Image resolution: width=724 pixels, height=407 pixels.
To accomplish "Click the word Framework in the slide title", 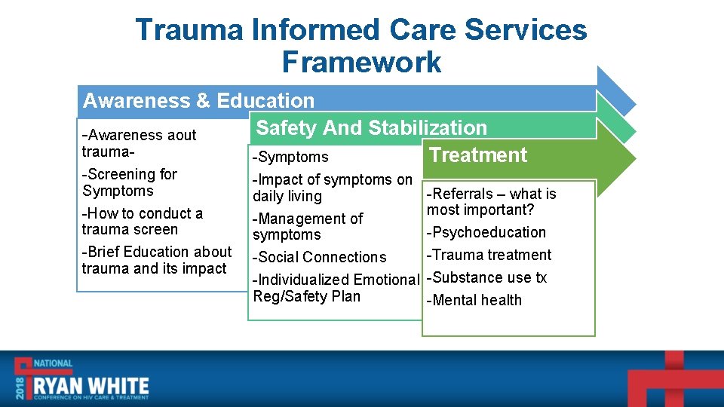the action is pyautogui.click(x=361, y=61).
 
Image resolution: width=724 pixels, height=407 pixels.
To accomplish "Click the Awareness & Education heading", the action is pyautogui.click(x=198, y=101).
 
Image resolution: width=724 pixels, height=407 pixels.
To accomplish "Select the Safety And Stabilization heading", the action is pyautogui.click(x=371, y=128).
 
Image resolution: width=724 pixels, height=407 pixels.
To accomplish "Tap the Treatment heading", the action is pyautogui.click(x=478, y=155).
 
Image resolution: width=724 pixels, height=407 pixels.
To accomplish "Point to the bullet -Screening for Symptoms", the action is pyautogui.click(x=130, y=182).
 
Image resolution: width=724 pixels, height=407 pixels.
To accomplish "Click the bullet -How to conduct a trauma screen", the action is pyautogui.click(x=142, y=222).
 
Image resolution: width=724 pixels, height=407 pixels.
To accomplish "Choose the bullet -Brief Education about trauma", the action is pyautogui.click(x=156, y=260).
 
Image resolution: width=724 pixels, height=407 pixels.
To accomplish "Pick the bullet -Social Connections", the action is pyautogui.click(x=320, y=257).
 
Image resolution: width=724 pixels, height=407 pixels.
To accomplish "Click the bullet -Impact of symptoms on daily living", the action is pyautogui.click(x=332, y=188).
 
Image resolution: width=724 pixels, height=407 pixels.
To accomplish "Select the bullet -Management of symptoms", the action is pyautogui.click(x=308, y=226).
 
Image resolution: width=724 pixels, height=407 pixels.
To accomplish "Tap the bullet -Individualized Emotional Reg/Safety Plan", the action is pyautogui.click(x=335, y=288).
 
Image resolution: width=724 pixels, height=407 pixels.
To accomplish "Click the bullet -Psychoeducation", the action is pyautogui.click(x=486, y=232).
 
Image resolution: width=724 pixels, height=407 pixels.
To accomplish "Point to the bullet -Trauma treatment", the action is pyautogui.click(x=489, y=255).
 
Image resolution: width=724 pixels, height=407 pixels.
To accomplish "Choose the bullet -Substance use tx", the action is pyautogui.click(x=486, y=277).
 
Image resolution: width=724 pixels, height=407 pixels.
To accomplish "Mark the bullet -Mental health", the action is pyautogui.click(x=474, y=300).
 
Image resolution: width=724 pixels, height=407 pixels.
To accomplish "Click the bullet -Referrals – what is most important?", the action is pyautogui.click(x=491, y=201).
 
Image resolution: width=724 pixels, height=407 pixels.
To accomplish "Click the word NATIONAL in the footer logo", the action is pyautogui.click(x=52, y=363).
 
